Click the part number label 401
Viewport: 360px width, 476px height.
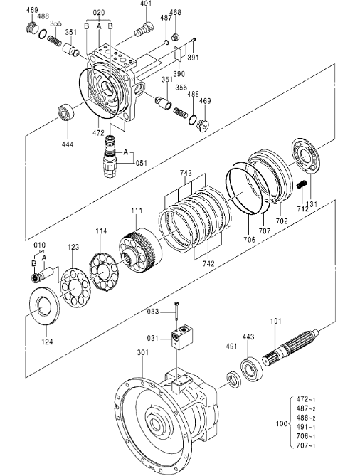(147, 4)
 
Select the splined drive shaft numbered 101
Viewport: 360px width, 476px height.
(290, 348)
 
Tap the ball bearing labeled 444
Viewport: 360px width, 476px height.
(65, 112)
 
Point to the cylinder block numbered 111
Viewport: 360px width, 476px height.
(140, 250)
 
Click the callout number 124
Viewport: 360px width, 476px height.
(47, 342)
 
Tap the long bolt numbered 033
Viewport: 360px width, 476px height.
(176, 313)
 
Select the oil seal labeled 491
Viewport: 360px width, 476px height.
(234, 379)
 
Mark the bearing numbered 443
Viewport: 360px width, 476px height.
(252, 370)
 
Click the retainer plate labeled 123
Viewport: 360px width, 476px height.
(75, 287)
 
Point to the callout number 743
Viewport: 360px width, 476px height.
(186, 173)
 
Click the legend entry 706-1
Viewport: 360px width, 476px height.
(306, 436)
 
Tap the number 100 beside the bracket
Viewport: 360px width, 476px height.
(281, 423)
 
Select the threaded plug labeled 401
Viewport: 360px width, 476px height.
(144, 29)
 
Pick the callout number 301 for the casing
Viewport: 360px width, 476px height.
(143, 352)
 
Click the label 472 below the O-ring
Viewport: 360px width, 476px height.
(98, 132)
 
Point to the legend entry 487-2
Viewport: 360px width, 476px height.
(306, 408)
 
